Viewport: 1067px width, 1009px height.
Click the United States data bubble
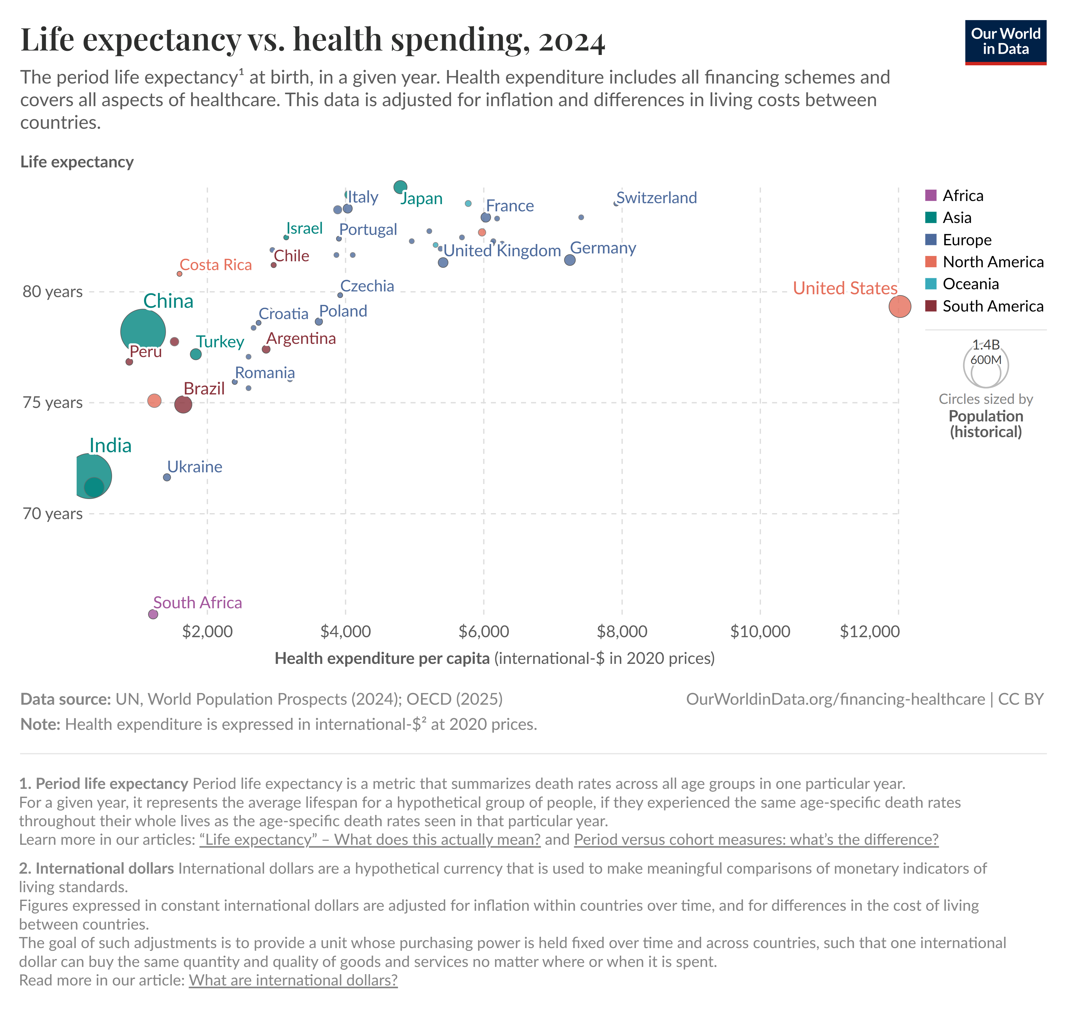(899, 306)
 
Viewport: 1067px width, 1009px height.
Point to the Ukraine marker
(167, 477)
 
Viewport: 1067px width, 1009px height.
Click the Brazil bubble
(183, 404)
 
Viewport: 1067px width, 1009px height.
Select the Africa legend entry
(962, 195)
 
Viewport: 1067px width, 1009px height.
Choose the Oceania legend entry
(970, 284)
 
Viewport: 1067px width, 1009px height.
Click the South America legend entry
(992, 306)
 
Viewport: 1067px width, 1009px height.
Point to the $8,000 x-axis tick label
(622, 632)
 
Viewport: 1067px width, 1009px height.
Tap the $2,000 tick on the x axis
(207, 632)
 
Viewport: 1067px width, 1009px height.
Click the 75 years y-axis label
(53, 403)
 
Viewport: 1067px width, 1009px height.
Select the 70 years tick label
(53, 514)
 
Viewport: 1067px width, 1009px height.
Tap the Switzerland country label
(656, 198)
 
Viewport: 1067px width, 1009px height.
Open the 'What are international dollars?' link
(293, 980)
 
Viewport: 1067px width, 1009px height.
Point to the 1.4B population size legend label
(986, 345)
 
